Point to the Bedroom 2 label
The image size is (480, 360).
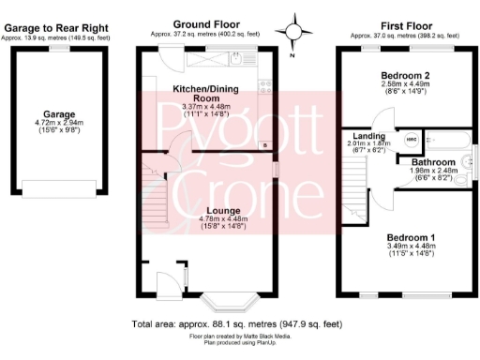click(404, 75)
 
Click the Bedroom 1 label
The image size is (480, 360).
click(405, 237)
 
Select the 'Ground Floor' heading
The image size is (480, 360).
click(207, 23)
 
